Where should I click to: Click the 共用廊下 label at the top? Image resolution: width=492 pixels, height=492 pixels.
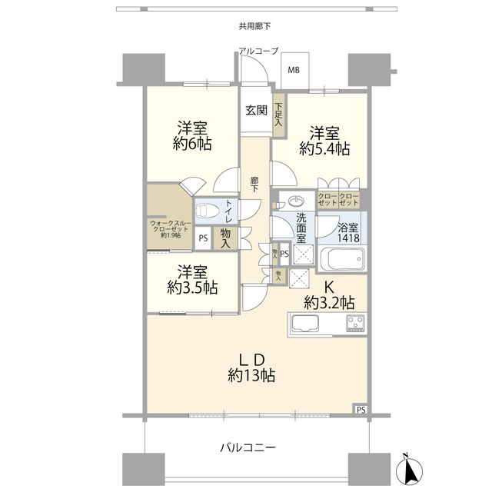tap(254, 26)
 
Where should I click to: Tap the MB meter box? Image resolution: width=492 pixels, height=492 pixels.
tap(294, 70)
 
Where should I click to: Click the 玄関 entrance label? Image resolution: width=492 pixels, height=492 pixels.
tap(256, 110)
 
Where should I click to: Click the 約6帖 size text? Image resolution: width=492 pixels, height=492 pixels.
tap(192, 144)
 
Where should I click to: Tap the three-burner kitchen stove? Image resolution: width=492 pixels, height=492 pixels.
tap(355, 323)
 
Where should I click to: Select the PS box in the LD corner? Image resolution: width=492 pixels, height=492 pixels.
tap(361, 410)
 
